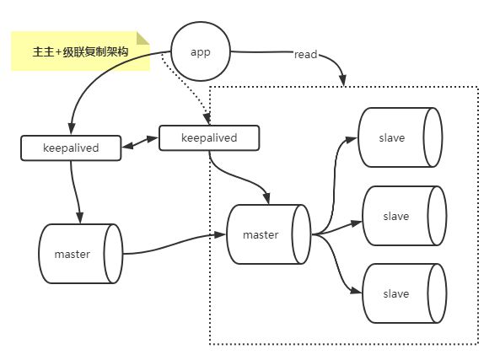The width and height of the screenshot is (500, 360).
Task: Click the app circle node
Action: coord(201,51)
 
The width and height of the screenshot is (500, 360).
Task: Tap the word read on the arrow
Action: coord(305,55)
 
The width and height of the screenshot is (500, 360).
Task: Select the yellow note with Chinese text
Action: coord(80,51)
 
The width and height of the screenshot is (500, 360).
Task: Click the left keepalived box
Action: coord(71,148)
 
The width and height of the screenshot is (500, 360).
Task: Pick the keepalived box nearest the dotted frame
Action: coord(209,137)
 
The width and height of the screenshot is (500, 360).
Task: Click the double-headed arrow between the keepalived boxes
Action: coord(140,142)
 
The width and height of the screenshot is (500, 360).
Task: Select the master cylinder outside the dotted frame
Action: coord(81,254)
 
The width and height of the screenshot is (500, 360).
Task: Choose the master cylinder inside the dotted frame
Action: coord(268,234)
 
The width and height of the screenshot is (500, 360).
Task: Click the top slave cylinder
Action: coord(401,137)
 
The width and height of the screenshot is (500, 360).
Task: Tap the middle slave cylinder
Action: coord(405,216)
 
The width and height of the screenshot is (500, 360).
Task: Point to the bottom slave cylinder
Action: coord(405,293)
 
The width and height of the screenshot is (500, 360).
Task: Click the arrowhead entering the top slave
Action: coord(352,139)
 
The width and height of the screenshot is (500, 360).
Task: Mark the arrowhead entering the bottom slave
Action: coord(356,291)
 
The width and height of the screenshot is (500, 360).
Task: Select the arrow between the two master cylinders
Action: coord(174,244)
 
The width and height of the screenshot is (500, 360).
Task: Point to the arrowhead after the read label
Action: coord(343,80)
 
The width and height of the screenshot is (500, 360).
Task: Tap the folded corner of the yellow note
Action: coord(142,38)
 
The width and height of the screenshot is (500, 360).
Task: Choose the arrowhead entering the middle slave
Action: coord(356,223)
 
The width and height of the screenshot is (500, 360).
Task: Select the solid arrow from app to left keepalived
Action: coord(95,74)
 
